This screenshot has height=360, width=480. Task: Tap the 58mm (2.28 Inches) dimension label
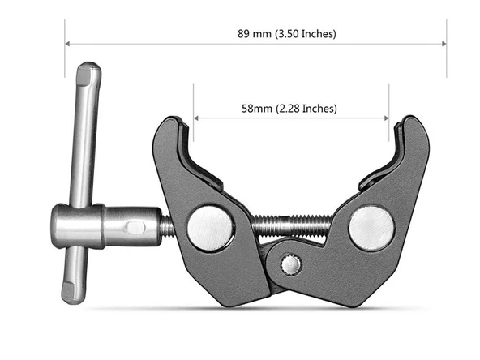tap(289, 108)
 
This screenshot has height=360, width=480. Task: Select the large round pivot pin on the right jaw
tap(371, 228)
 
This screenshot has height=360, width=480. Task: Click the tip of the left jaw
tap(173, 123)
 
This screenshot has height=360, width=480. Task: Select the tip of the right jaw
tap(410, 122)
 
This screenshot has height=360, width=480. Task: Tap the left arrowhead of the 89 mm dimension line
tap(69, 44)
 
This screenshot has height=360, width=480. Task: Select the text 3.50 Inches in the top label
tap(308, 34)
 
